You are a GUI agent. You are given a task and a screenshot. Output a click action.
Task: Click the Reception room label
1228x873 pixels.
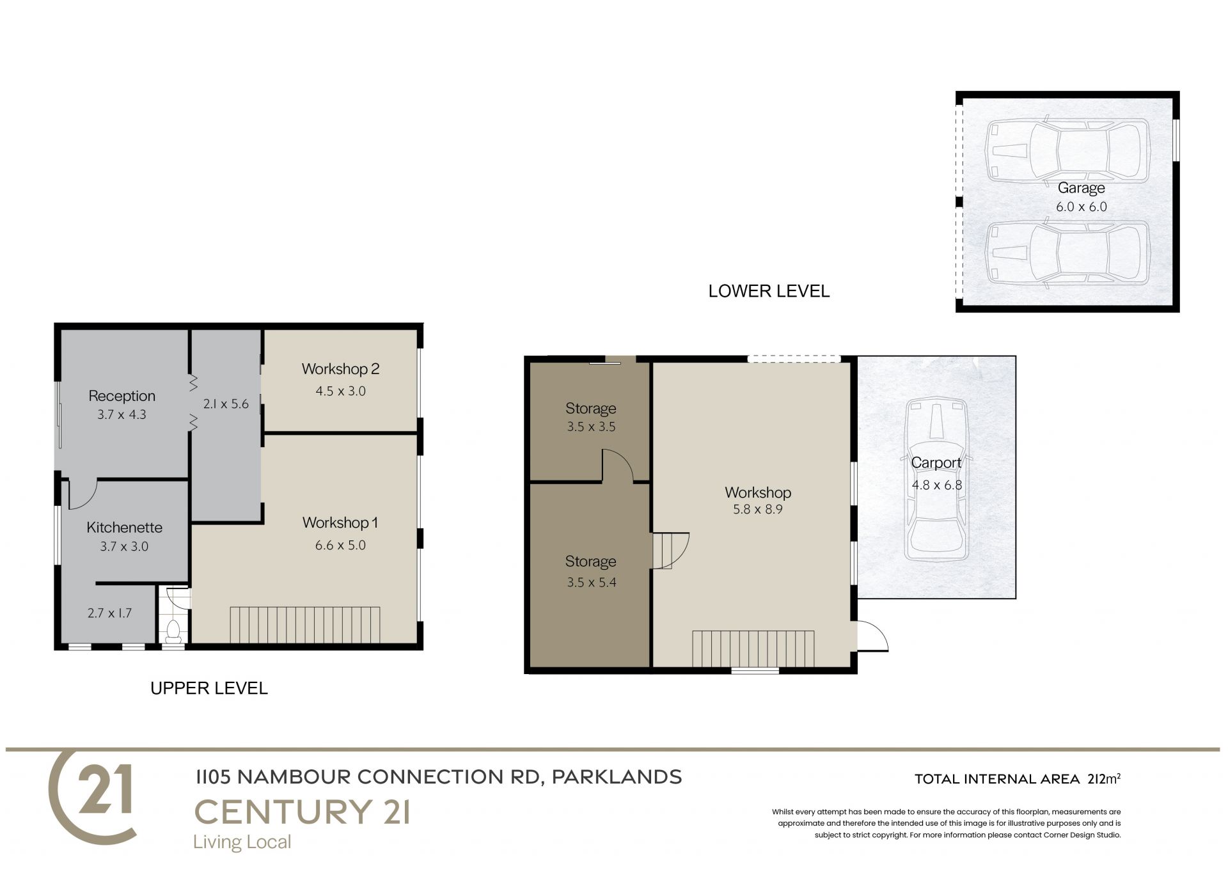(x=122, y=396)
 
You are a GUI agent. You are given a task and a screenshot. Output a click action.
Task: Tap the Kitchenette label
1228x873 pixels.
(x=125, y=528)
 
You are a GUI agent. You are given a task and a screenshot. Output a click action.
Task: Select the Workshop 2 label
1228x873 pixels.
(x=340, y=369)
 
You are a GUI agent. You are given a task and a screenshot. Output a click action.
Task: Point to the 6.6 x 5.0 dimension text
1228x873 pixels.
(x=340, y=546)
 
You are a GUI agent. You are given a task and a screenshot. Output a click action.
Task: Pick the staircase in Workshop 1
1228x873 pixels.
(x=305, y=625)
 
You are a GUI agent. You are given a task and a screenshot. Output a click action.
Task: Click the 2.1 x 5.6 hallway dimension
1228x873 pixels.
(x=226, y=404)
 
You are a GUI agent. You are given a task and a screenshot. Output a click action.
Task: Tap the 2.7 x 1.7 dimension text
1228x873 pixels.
(x=109, y=613)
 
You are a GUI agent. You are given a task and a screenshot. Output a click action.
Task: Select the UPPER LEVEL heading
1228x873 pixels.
(x=209, y=688)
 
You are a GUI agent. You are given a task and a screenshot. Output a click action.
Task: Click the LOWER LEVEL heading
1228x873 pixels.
(x=769, y=292)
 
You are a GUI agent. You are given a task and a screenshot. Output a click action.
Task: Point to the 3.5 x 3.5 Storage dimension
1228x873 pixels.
(x=591, y=427)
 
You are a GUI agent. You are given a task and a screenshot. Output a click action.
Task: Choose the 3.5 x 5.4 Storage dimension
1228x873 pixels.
(x=591, y=583)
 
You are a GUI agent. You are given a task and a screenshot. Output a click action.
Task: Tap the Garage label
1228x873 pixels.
(x=1081, y=188)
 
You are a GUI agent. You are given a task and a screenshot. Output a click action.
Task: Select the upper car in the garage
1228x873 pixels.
(x=1067, y=151)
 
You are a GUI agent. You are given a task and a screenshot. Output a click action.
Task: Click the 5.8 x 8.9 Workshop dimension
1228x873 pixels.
(x=758, y=510)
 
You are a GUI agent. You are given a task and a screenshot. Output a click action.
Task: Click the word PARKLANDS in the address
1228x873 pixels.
(x=617, y=777)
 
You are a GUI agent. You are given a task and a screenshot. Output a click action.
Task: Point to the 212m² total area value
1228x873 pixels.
(x=1104, y=779)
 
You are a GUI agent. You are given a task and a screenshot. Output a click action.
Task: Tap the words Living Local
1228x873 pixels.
(x=242, y=842)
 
